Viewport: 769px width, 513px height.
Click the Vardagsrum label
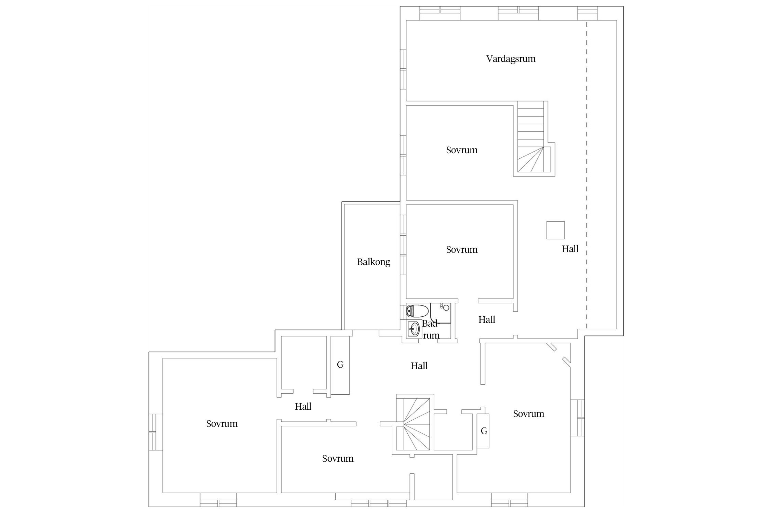coord(511,59)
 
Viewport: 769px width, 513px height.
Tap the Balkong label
coord(374,262)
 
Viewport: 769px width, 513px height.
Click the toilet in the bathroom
coord(417,311)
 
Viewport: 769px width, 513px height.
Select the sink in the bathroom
coord(414,329)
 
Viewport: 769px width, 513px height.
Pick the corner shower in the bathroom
coord(441,313)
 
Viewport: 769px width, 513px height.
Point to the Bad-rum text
coord(431,330)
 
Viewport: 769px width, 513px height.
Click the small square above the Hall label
coord(555,230)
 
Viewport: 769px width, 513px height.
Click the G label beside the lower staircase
coord(484,431)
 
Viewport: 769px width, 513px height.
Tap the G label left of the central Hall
coord(340,365)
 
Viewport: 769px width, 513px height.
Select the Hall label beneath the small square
coord(570,249)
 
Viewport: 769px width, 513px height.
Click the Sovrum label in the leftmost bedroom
coord(222,424)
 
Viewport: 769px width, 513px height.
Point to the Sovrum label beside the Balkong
coord(462,250)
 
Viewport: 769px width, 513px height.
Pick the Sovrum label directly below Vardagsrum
coord(462,150)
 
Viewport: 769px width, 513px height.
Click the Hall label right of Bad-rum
coord(487,319)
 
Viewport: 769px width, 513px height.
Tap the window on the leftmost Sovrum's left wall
coord(156,432)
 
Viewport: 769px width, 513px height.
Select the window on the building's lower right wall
coord(578,418)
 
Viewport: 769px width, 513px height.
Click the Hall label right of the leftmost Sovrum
coord(303,406)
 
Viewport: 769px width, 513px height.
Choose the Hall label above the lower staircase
coord(419,366)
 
